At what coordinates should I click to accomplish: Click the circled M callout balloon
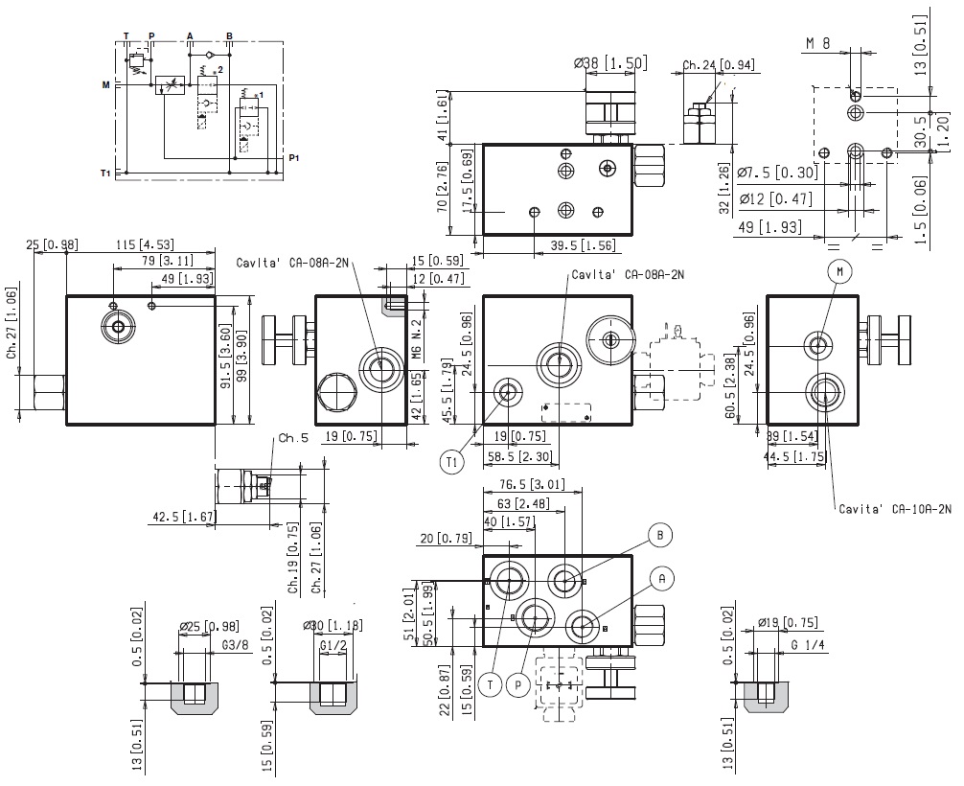839,273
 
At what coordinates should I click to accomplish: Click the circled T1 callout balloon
453,462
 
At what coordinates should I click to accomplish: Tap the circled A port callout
661,577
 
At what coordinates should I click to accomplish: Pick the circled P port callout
518,684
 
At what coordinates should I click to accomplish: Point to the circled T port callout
490,684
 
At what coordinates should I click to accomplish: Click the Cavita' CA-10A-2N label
895,510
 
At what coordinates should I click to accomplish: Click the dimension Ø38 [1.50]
610,63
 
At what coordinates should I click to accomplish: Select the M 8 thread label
817,44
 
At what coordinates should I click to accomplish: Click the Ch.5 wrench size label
292,440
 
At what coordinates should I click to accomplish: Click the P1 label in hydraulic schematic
294,157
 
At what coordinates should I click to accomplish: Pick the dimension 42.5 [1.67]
183,517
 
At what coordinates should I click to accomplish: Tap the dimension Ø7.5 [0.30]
778,173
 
